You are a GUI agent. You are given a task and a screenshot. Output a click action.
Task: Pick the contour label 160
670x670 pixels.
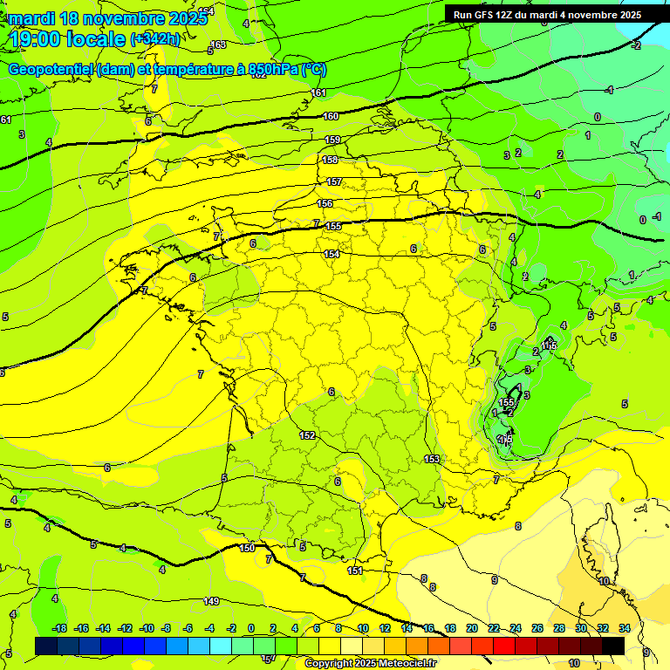click(x=331, y=116)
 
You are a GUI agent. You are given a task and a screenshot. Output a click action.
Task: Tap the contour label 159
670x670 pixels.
click(x=332, y=140)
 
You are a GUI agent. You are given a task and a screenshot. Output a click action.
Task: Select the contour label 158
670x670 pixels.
click(x=331, y=160)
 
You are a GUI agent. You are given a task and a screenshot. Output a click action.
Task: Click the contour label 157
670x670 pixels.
click(x=334, y=181)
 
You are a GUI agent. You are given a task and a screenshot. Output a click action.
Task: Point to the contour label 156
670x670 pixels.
click(x=325, y=203)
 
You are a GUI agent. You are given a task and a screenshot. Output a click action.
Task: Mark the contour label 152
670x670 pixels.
click(x=307, y=435)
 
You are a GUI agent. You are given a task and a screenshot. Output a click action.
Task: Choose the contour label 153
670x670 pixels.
click(x=432, y=459)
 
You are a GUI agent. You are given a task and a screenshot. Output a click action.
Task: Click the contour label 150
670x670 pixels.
click(x=247, y=548)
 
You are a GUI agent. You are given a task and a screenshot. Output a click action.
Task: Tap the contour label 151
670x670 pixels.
click(x=354, y=571)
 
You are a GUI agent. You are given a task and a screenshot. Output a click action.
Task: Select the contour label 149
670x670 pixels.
click(x=211, y=601)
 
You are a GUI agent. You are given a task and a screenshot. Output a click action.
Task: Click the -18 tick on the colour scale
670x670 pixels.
click(x=60, y=628)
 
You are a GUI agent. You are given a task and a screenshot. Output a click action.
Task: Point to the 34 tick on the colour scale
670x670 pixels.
click(x=625, y=628)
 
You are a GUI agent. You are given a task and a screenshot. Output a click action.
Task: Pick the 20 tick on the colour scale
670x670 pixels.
click(x=471, y=628)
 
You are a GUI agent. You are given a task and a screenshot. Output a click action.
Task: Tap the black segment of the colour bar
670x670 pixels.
click(x=613, y=646)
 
